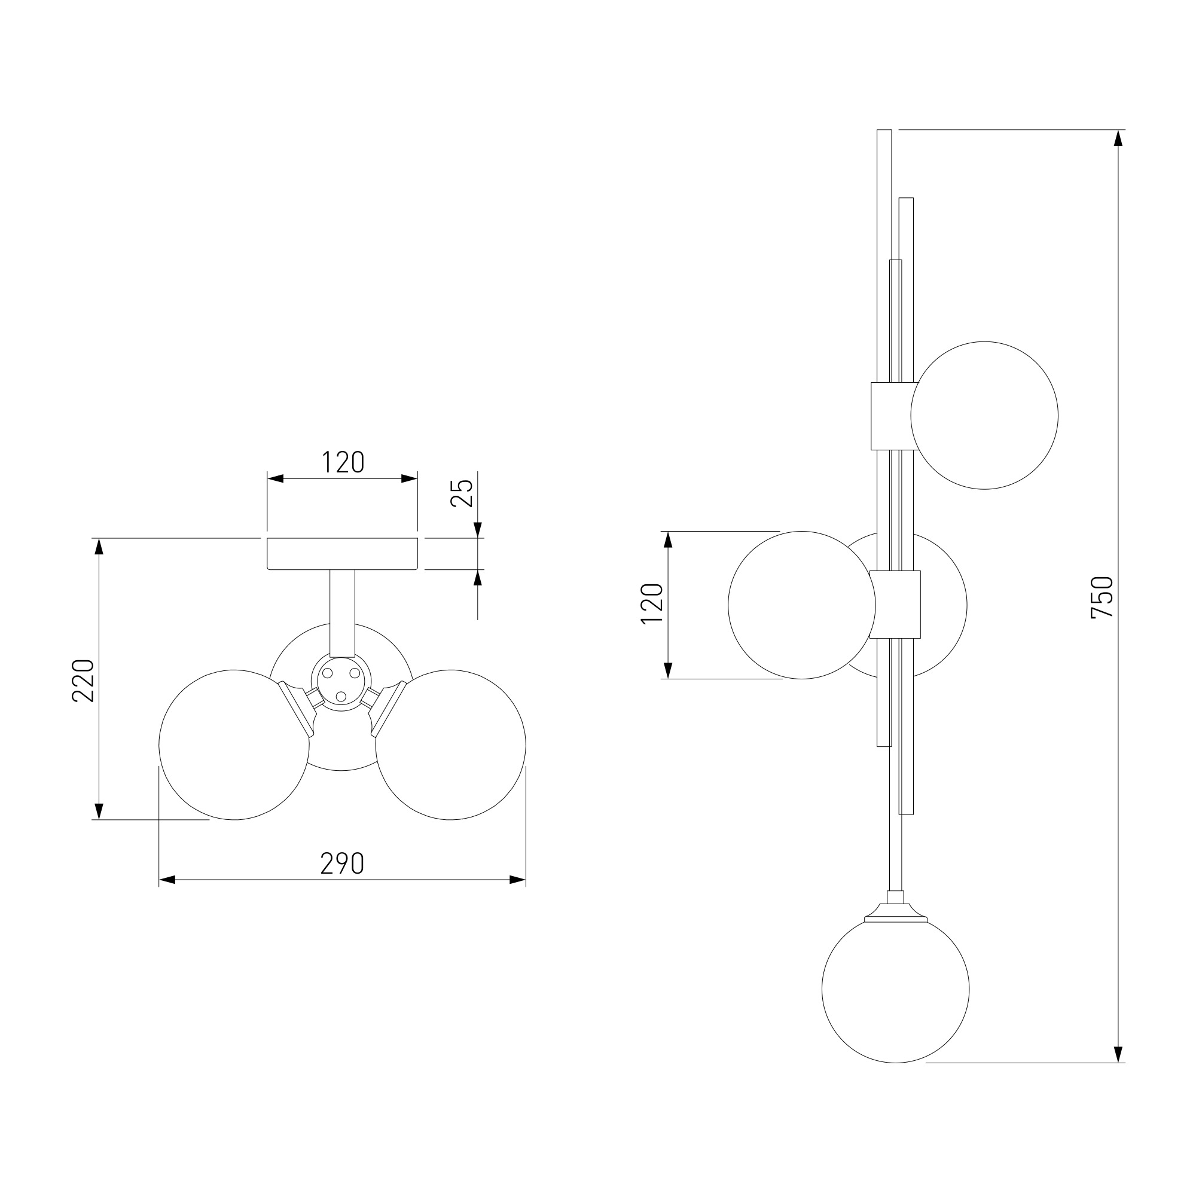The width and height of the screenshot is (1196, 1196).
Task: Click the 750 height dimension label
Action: click(1103, 597)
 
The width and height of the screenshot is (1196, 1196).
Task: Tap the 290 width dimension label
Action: click(342, 864)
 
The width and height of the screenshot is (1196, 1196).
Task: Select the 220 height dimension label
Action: click(83, 681)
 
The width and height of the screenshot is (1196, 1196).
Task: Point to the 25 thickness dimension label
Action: click(462, 493)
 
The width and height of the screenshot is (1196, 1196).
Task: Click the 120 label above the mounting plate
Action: click(342, 462)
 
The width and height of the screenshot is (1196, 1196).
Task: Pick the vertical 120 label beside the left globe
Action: click(652, 603)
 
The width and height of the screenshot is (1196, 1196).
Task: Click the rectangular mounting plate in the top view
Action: click(342, 553)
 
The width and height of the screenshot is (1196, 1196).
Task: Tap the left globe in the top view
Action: click(234, 745)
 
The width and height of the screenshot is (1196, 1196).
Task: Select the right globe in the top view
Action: click(451, 745)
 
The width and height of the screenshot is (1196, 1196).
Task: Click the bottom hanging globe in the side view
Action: click(895, 989)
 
